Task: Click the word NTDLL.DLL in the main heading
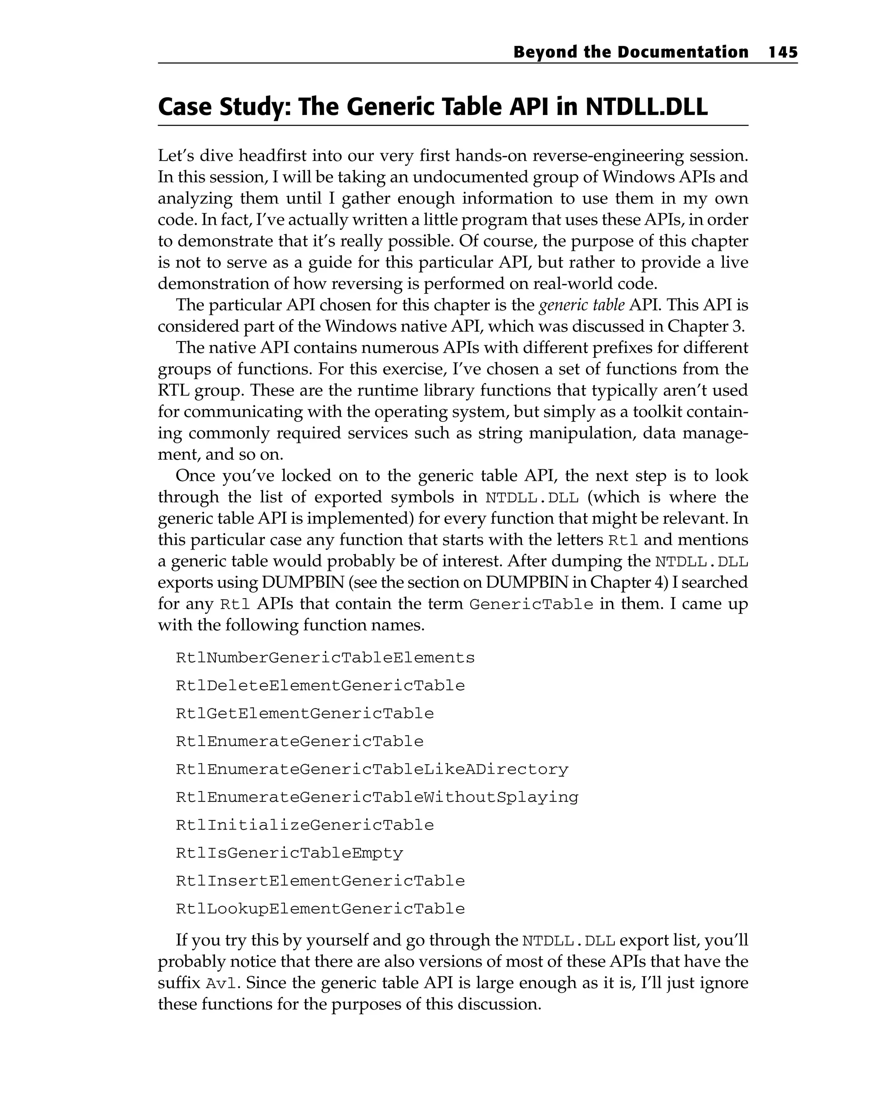pos(646,107)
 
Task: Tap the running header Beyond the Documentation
pos(631,52)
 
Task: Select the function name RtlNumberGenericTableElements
pos(325,658)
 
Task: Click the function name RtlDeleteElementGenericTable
pos(320,686)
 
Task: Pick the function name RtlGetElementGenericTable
pos(305,714)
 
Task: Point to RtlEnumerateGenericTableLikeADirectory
pos(372,769)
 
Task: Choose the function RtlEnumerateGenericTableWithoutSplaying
pos(377,798)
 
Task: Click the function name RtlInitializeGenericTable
pos(305,825)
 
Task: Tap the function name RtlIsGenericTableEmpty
pos(289,853)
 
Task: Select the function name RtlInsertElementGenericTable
pos(320,881)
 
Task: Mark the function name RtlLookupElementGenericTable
pos(320,909)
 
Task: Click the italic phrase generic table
pos(582,305)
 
